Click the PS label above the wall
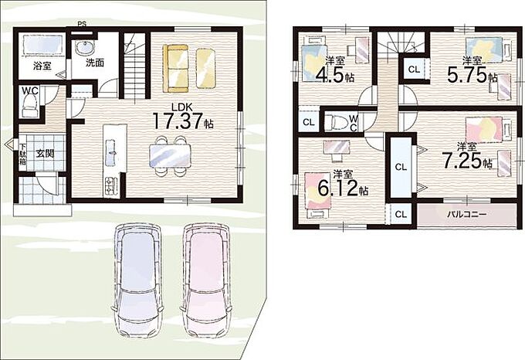(82, 24)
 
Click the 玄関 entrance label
(45, 154)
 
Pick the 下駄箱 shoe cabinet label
(22, 154)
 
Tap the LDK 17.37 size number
(178, 121)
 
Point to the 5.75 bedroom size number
(467, 76)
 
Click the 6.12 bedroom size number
(337, 188)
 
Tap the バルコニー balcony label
(467, 214)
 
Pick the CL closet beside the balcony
(401, 214)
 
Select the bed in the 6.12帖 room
(318, 195)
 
